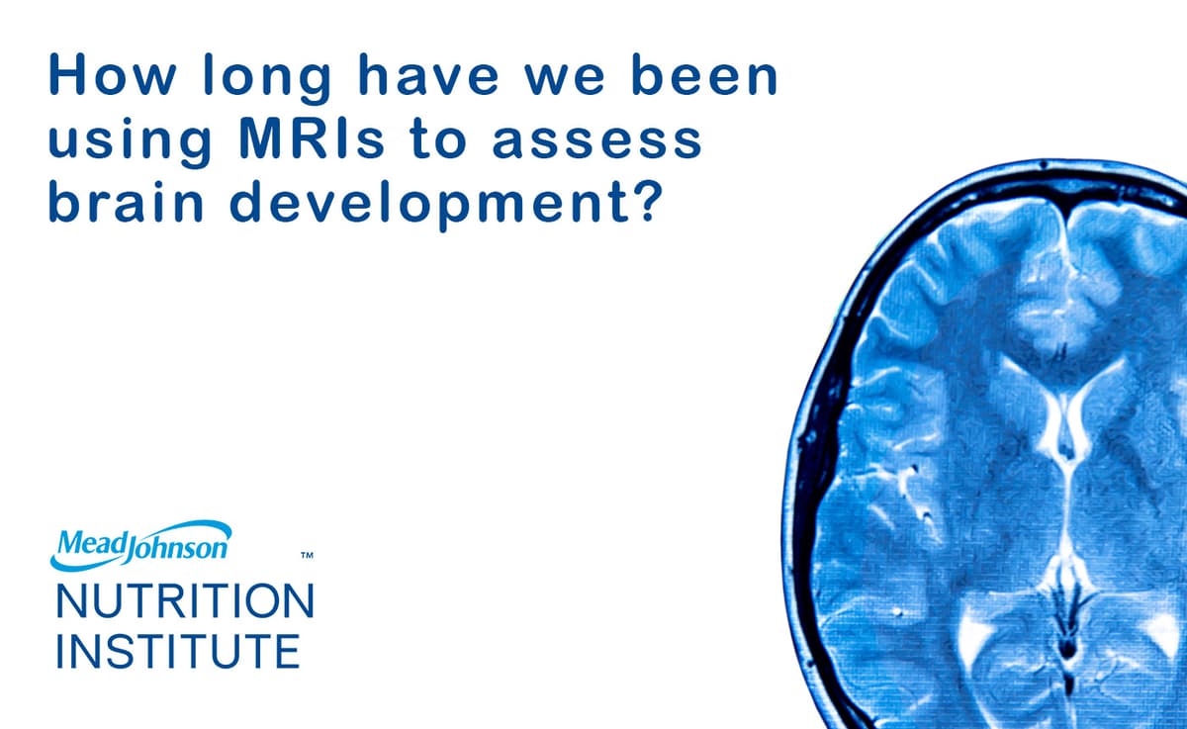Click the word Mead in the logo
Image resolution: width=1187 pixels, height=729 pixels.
87,543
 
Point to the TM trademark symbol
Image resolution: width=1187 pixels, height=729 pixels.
307,558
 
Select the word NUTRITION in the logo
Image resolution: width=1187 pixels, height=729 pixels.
185,601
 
